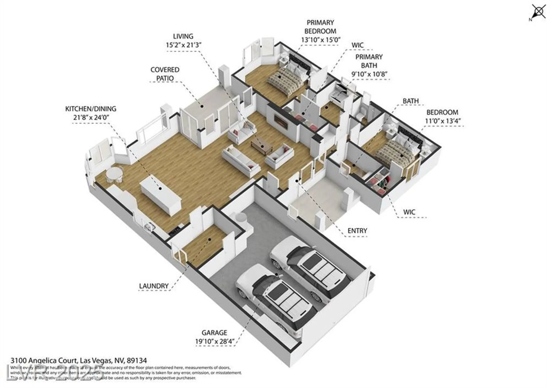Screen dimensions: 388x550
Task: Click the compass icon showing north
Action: [538, 12]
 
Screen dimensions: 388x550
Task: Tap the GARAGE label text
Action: [214, 333]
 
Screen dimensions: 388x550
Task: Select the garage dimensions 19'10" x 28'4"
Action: [214, 342]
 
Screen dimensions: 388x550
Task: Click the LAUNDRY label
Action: [153, 286]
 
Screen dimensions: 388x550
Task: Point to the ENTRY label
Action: [357, 231]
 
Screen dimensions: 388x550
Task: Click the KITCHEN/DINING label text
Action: [90, 109]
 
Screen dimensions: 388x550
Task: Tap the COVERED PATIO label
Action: [165, 74]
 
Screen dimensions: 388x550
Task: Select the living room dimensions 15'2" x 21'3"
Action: [183, 45]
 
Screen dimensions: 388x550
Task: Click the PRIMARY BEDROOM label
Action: [320, 27]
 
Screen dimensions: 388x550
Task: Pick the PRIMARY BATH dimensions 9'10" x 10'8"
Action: [369, 74]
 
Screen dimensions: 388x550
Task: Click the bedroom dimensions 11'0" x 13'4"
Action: [443, 121]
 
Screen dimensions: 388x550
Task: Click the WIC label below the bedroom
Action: [409, 212]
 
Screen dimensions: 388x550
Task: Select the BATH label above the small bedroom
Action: [411, 101]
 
